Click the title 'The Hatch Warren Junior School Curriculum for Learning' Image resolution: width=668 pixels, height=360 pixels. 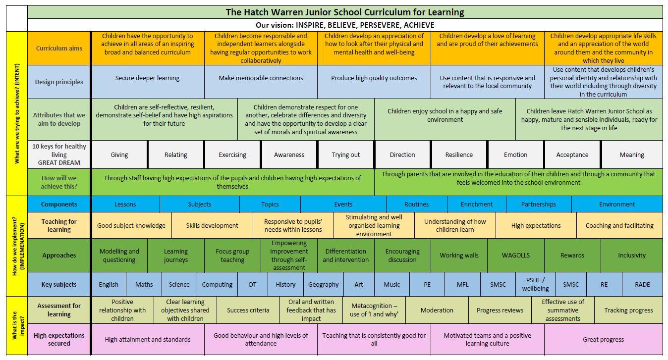345,12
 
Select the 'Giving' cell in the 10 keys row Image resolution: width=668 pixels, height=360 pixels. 119,154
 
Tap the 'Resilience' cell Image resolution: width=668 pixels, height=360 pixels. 459,154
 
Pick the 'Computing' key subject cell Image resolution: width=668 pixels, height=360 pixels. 217,284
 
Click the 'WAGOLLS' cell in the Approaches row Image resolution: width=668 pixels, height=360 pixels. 515,255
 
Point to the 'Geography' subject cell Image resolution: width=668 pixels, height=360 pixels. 323,284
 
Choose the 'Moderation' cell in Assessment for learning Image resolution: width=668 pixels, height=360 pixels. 437,310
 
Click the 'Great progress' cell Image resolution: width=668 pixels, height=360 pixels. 603,339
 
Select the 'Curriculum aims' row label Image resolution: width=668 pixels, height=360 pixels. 59,48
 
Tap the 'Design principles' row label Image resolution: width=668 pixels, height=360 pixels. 59,82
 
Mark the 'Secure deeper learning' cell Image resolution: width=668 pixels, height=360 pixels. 147,78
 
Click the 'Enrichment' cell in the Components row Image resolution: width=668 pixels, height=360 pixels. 476,204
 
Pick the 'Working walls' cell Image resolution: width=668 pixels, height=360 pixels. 459,255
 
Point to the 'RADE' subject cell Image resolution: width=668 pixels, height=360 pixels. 642,284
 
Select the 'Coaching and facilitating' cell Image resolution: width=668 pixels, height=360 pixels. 619,225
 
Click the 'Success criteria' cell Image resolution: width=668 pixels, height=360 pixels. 248,310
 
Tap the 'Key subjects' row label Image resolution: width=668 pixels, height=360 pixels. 59,284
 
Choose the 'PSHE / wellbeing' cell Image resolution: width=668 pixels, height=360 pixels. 535,284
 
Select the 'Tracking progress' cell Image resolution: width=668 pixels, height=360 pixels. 628,310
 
